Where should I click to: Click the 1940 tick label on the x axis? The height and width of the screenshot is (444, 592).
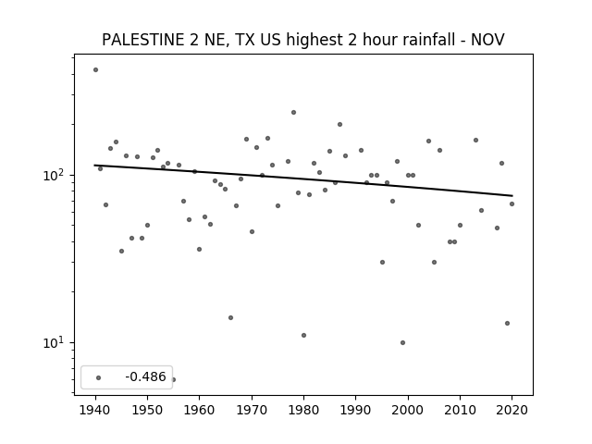pyautogui.click(x=95, y=410)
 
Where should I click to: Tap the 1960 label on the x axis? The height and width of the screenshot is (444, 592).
pyautogui.click(x=200, y=410)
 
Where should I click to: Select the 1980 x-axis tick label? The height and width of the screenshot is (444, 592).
pyautogui.click(x=303, y=410)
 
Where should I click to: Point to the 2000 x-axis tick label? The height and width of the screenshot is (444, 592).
pyautogui.click(x=408, y=410)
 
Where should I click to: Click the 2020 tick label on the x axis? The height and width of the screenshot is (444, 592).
pyautogui.click(x=512, y=410)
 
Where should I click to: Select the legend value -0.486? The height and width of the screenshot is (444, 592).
pyautogui.click(x=145, y=376)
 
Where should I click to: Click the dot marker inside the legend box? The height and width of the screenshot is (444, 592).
pyautogui.click(x=99, y=378)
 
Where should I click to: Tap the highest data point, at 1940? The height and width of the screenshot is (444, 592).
pyautogui.click(x=95, y=70)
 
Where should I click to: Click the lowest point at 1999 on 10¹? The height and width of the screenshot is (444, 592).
pyautogui.click(x=403, y=343)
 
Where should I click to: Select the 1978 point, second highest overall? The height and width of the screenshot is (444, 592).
pyautogui.click(x=293, y=113)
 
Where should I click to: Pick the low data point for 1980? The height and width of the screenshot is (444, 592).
pyautogui.click(x=304, y=335)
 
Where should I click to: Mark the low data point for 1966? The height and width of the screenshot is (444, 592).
pyautogui.click(x=230, y=318)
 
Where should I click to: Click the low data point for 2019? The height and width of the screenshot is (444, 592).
pyautogui.click(x=507, y=323)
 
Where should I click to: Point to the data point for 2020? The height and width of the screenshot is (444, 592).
pyautogui.click(x=512, y=203)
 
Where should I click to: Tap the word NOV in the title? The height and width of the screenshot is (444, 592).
pyautogui.click(x=487, y=39)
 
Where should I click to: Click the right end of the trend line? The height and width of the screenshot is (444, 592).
pyautogui.click(x=512, y=195)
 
